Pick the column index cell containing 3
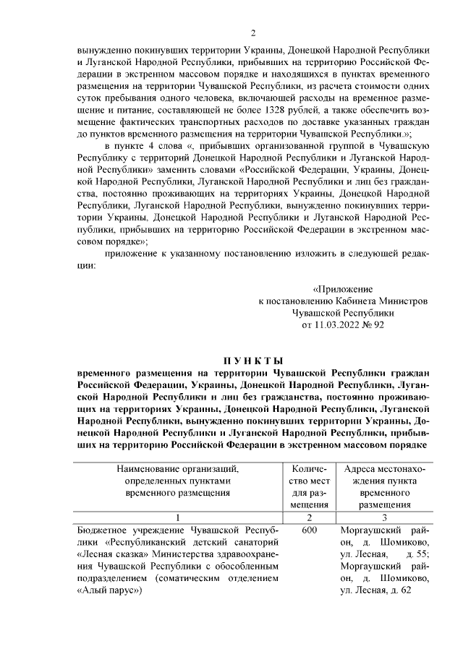[x=385, y=517]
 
